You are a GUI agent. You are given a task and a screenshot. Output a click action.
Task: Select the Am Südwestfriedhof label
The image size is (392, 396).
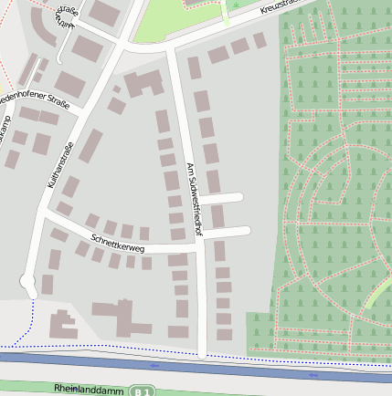[193, 200]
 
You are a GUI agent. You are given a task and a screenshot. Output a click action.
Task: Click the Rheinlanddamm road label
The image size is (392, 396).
[88, 389]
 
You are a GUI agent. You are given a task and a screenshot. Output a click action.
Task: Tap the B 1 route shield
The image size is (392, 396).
[140, 391]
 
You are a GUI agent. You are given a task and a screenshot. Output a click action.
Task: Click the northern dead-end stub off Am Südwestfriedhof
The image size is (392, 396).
[221, 197]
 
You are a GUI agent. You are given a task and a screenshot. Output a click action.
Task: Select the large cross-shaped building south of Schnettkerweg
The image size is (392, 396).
[122, 316]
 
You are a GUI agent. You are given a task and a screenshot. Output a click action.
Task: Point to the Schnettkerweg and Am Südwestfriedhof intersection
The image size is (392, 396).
[196, 246]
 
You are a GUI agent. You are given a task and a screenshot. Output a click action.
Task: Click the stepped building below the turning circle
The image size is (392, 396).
[62, 324]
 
